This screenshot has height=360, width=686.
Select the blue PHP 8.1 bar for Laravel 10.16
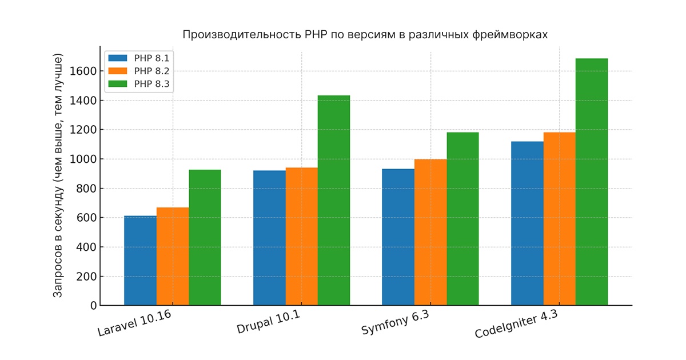click(140, 261)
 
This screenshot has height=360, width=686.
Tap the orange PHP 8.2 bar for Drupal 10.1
click(302, 237)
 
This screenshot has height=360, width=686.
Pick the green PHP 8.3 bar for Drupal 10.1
click(334, 200)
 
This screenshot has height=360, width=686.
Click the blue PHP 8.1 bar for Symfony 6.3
click(398, 237)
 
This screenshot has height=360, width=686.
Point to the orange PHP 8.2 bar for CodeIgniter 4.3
click(560, 219)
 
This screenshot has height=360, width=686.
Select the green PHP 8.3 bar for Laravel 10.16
click(205, 238)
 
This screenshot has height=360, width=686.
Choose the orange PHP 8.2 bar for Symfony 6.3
click(430, 233)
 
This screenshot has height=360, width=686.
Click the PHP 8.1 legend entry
click(139, 58)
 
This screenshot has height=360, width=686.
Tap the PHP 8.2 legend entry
click(139, 71)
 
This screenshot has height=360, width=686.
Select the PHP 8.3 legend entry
click(139, 84)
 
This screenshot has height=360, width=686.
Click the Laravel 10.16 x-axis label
click(135, 324)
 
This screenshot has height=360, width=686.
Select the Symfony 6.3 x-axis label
click(395, 324)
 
